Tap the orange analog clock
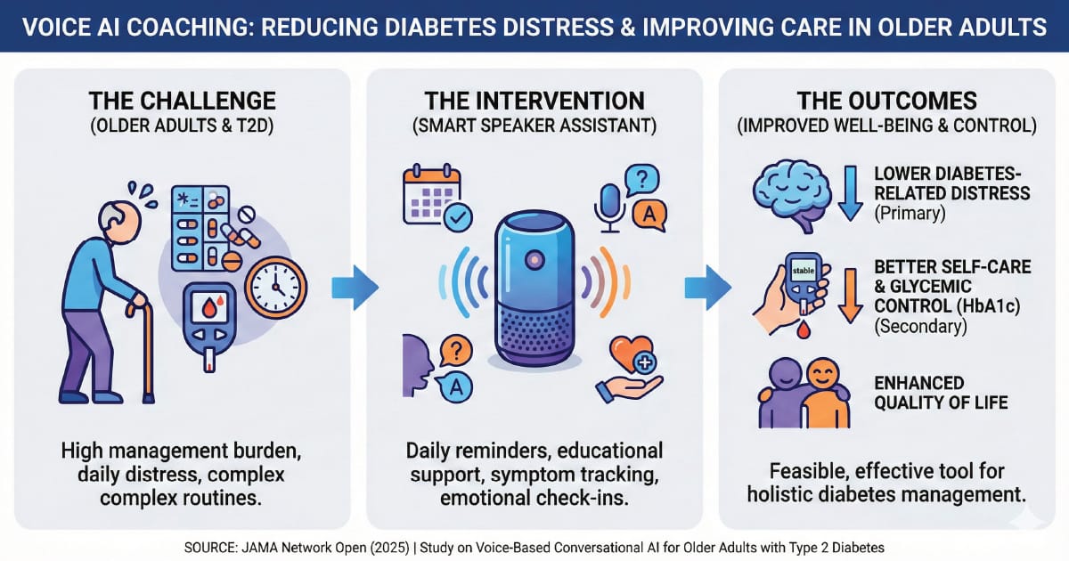point(276,287)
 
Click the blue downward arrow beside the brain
point(851,193)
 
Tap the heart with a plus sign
point(632,355)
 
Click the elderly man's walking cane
point(144,352)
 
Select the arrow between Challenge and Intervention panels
point(355,288)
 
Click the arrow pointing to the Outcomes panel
point(707,288)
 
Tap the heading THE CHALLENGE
point(183,102)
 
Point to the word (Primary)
point(910,213)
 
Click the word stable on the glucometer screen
point(804,271)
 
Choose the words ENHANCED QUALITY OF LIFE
point(941,393)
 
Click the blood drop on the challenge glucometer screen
point(209,309)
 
